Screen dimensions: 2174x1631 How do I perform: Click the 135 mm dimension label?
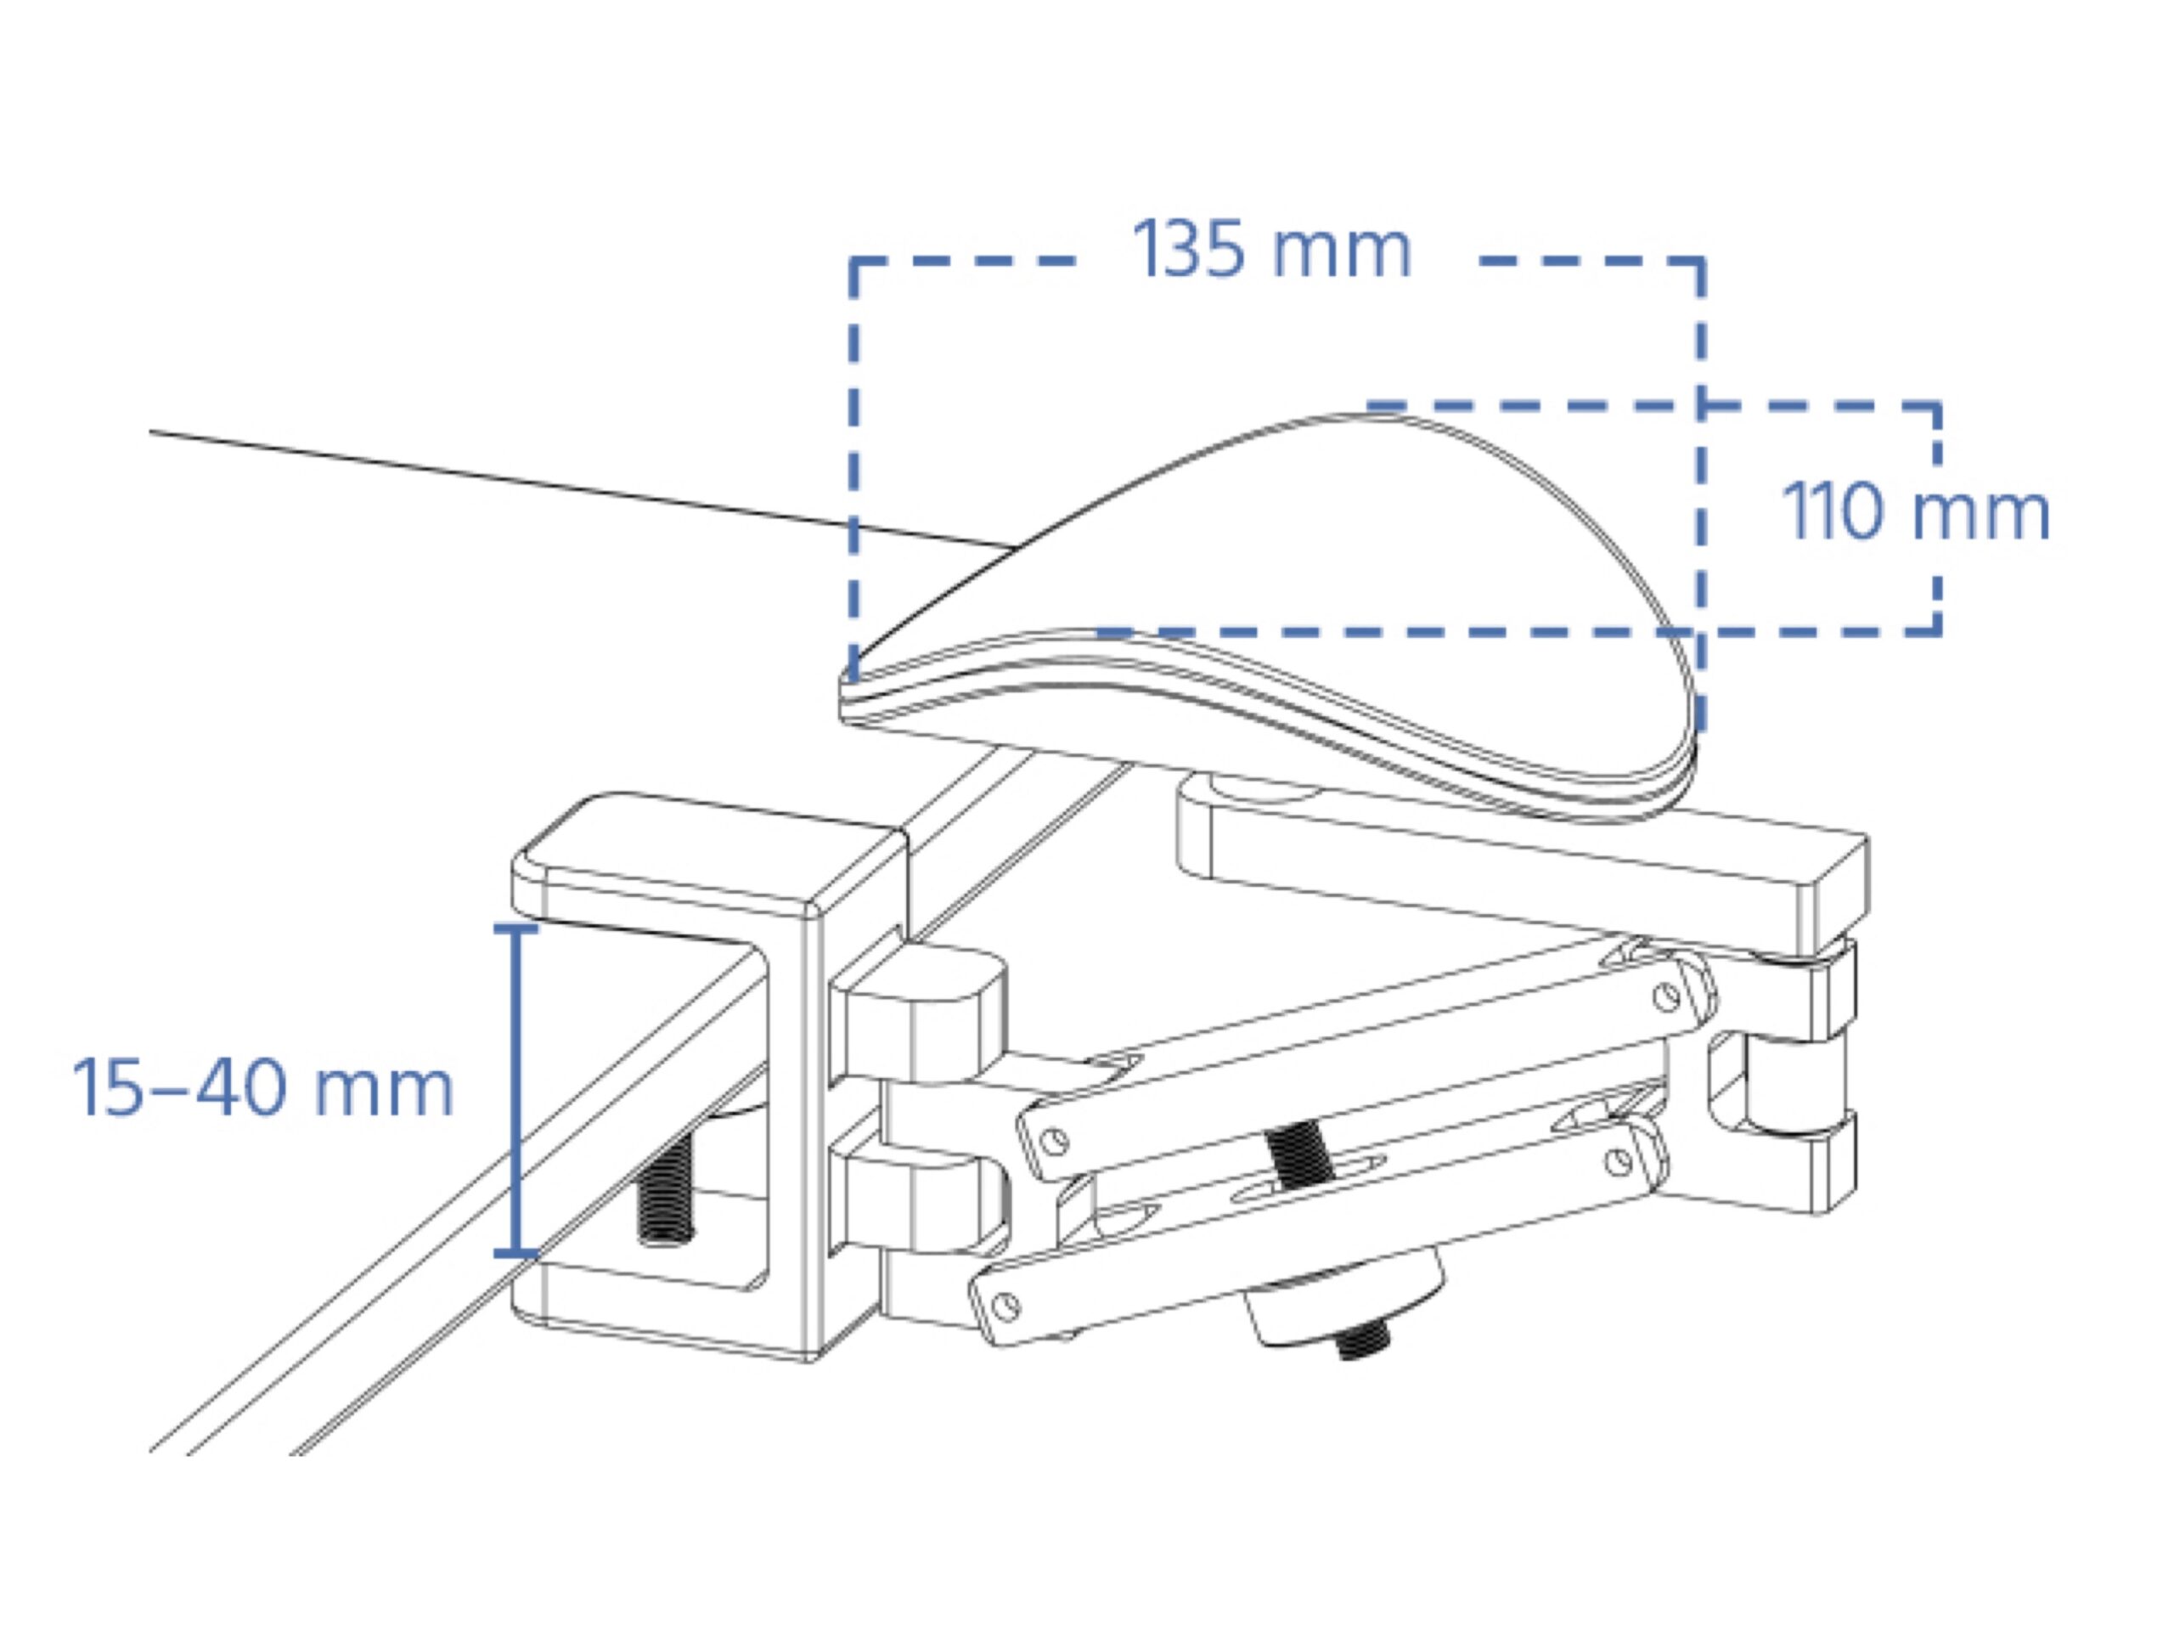tap(1272, 250)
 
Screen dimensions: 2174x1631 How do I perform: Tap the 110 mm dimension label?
tap(1916, 511)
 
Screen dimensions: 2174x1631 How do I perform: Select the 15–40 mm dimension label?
tap(262, 1088)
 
